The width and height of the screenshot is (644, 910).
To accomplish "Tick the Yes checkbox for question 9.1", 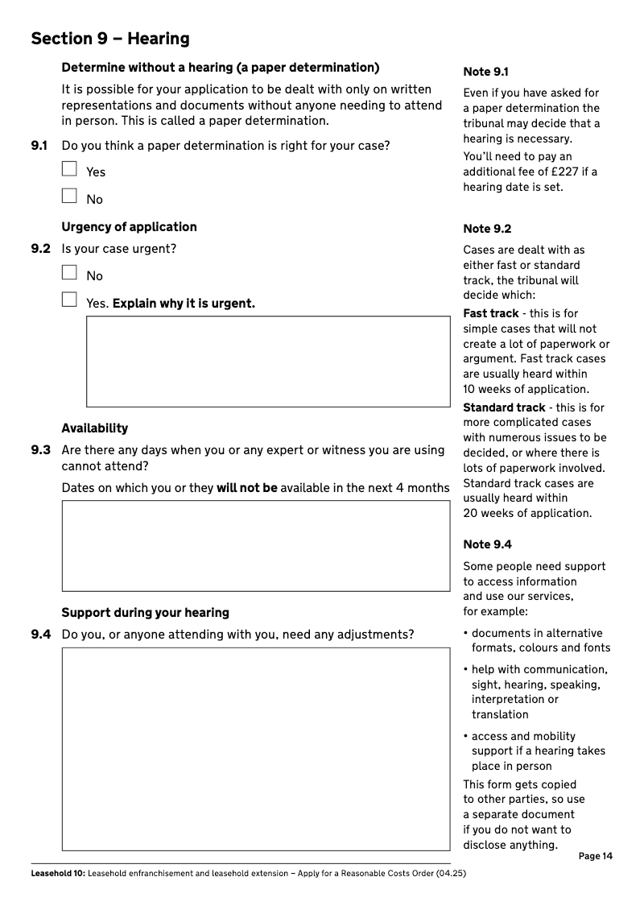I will coord(69,169).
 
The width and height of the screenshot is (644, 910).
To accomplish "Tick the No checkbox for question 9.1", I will coord(69,196).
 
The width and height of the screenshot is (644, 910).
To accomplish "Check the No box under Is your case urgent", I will coord(69,273).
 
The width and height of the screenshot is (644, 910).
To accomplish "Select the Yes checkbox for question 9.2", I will coord(69,300).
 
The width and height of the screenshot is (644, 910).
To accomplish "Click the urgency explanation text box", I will coord(268,361).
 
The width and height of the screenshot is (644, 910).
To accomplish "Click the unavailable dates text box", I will coord(256,546).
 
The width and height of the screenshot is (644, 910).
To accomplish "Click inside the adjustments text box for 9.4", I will coord(256,749).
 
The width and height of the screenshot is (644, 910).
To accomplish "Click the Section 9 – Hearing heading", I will coord(110,39).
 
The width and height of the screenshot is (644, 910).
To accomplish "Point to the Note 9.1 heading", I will coord(485,72).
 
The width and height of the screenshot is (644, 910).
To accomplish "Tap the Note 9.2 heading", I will coord(487,229).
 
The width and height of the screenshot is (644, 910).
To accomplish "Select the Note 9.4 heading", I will coord(487,544).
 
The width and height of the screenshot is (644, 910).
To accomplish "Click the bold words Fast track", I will coord(491,313).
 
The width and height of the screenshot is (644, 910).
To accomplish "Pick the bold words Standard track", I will coord(504,407).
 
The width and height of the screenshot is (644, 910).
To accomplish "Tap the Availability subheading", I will coord(95,428).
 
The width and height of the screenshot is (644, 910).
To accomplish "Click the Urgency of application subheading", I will coord(129,227).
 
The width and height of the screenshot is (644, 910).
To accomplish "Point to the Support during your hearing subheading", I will coord(145,613).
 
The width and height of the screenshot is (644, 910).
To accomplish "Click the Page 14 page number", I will coord(595,856).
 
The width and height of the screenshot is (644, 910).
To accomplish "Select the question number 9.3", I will coord(41,450).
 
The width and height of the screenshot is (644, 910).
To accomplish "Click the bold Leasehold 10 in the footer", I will coord(57,874).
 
